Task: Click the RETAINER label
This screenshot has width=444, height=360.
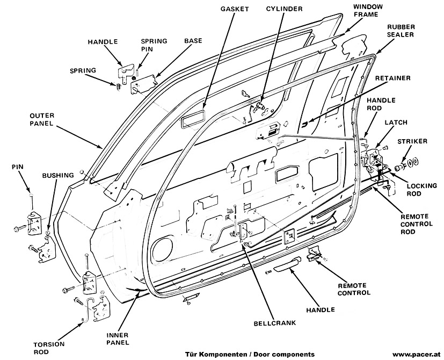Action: pyautogui.click(x=393, y=78)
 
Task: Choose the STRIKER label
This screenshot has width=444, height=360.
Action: pyautogui.click(x=413, y=141)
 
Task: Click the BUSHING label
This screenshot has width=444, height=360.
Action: pyautogui.click(x=54, y=176)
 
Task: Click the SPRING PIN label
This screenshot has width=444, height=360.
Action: pyautogui.click(x=154, y=45)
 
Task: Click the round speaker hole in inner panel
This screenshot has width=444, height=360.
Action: pyautogui.click(x=159, y=250)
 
